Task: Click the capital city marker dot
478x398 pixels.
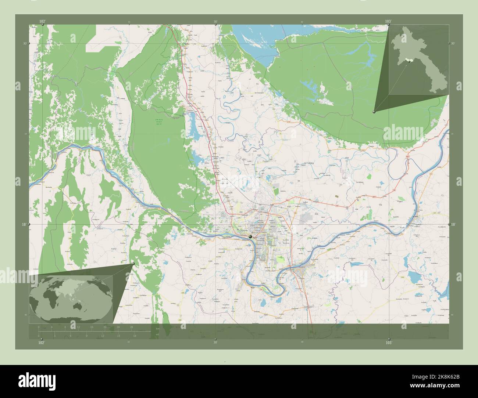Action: [x=250, y=237]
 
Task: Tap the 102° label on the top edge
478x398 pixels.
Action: [x=43, y=22]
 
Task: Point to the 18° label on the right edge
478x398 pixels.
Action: [x=453, y=224]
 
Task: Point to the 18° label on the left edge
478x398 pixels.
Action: [x=25, y=224]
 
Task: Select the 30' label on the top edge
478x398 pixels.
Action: [x=215, y=22]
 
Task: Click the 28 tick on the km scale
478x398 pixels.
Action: [x=131, y=327]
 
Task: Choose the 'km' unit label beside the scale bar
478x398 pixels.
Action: [x=158, y=329]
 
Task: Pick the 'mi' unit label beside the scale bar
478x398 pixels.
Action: [x=158, y=335]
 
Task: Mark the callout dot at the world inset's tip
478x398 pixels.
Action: [x=133, y=264]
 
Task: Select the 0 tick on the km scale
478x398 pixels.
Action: [x=39, y=327]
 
